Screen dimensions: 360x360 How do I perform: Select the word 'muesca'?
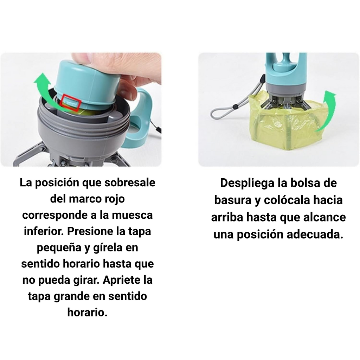[133, 215]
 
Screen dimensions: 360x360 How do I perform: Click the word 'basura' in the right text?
[233, 200]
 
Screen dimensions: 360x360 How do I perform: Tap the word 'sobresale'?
[130, 183]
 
